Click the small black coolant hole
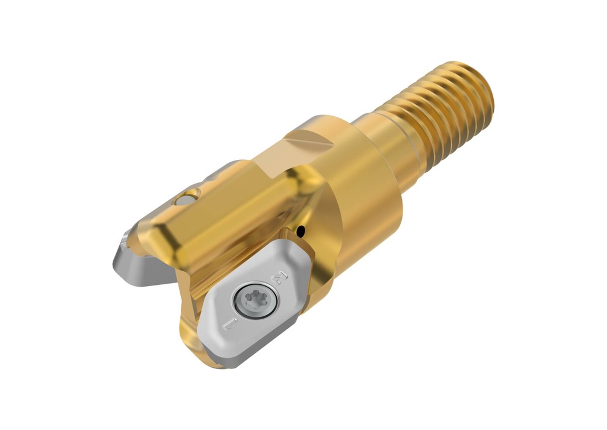[301, 232]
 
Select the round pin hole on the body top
[186, 201]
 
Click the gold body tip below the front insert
[202, 349]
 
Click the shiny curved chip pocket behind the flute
[308, 195]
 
